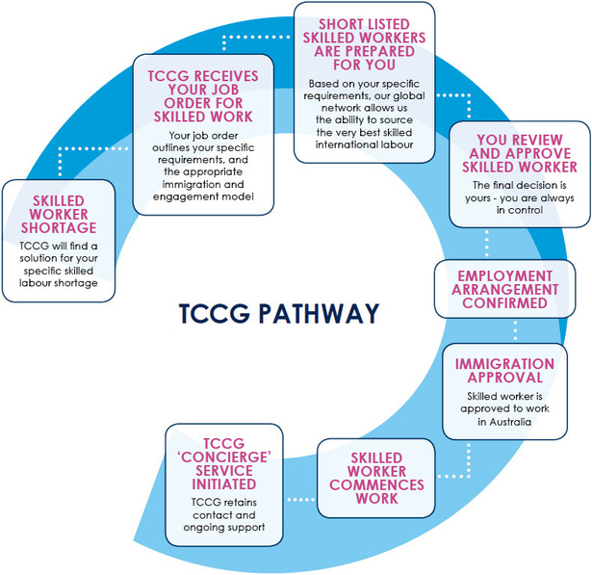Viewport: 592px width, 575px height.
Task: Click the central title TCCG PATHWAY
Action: point(278,314)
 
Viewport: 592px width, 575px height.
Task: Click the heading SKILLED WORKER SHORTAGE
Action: point(58,214)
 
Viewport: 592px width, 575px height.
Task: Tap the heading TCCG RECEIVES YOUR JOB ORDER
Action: point(196,93)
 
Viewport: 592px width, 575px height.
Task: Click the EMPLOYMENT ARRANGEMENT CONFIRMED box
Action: point(508,289)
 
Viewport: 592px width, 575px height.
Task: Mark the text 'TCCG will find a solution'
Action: point(58,258)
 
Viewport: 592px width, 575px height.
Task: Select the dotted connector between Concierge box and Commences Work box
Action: point(300,499)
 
